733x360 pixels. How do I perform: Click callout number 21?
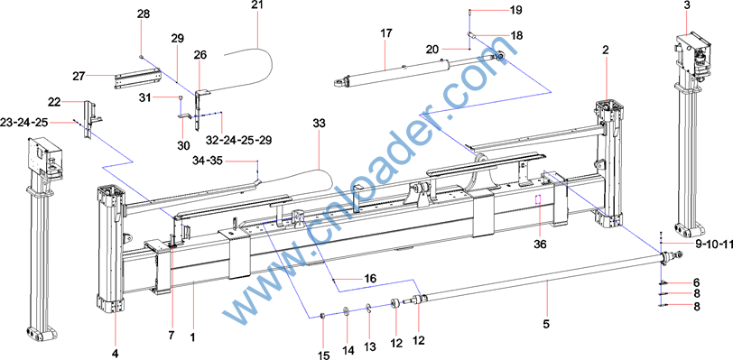pyautogui.click(x=257, y=5)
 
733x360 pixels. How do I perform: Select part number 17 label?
pyautogui.click(x=386, y=33)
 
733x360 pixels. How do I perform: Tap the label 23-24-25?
pyautogui.click(x=25, y=123)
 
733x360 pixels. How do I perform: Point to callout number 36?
pyautogui.click(x=540, y=243)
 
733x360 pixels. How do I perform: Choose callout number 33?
pyautogui.click(x=320, y=124)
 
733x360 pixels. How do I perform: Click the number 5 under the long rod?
pyautogui.click(x=547, y=323)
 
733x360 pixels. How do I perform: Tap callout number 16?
pyautogui.click(x=370, y=279)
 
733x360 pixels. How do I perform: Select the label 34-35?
pyautogui.click(x=208, y=161)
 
